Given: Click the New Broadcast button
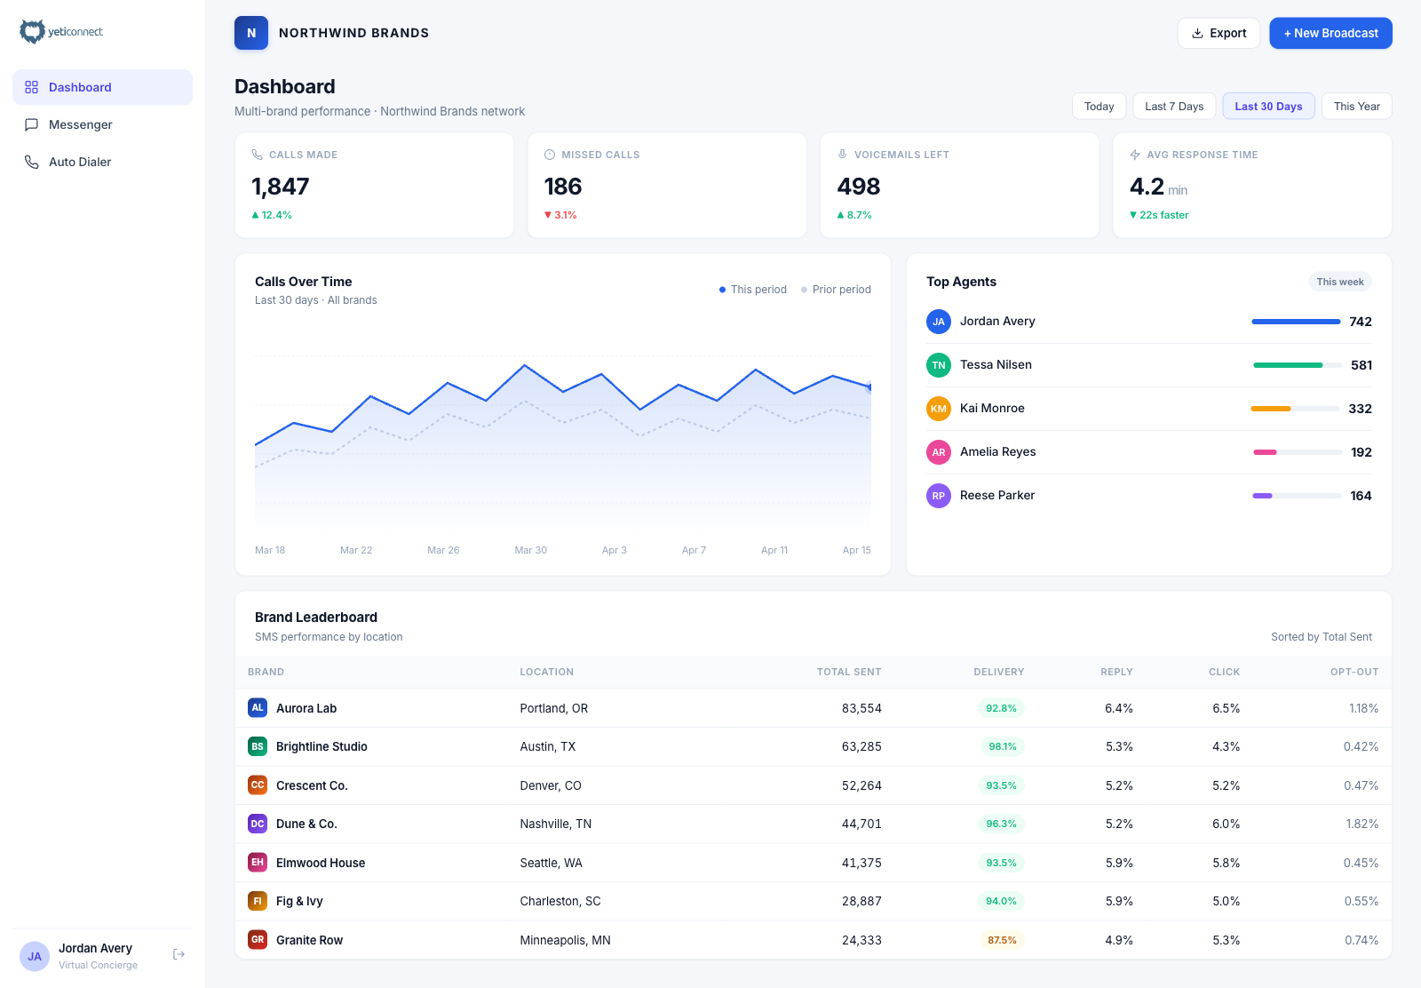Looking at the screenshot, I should coord(1330,33).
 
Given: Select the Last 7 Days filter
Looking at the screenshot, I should coord(1173,106).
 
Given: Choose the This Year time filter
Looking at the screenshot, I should coord(1356,106).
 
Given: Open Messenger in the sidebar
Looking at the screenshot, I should coord(80,124).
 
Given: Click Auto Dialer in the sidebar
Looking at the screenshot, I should coord(80,162).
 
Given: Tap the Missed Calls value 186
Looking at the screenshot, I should coord(563,187).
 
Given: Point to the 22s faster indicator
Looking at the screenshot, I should coord(1163,215).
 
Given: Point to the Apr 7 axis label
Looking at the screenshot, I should coord(694,550).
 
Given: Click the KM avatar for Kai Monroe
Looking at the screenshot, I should coord(939,409).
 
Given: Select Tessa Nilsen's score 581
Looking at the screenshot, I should coord(1361,365).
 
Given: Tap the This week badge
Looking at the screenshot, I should coord(1339,282).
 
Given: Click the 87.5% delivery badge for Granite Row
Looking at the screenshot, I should coord(1001,940).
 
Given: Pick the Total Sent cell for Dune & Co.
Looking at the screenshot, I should coord(861,824).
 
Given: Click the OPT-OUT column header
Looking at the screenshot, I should coord(1354,672).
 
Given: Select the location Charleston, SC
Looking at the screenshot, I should coord(560,901).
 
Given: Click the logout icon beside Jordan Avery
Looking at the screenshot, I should coord(179,954).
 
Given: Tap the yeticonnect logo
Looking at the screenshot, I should coord(61,32).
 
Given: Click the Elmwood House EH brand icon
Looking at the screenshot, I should coord(258,862).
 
